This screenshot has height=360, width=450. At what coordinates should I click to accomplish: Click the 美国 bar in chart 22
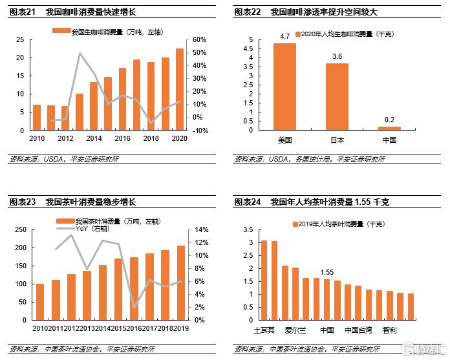284,87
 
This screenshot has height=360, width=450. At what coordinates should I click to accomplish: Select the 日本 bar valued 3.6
337,96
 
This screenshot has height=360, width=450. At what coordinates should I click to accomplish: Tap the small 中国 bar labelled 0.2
389,128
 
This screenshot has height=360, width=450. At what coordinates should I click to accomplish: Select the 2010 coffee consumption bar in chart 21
37,117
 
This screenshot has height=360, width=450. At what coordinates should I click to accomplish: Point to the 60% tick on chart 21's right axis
197,39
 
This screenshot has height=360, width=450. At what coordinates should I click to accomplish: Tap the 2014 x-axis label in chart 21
94,139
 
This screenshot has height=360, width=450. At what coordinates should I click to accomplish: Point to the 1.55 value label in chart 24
327,271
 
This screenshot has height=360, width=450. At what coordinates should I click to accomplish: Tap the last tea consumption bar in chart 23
181,282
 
